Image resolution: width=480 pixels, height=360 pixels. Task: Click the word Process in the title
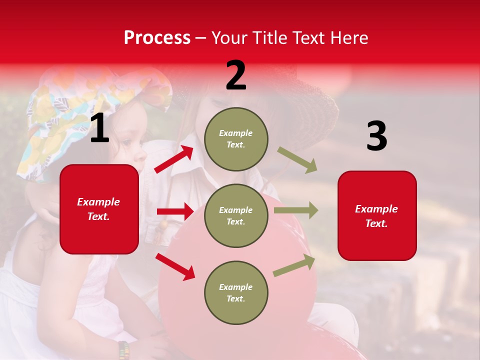pyautogui.click(x=157, y=38)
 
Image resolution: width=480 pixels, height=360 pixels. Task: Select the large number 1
pyautogui.click(x=99, y=128)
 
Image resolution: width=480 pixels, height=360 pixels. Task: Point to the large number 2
pyautogui.click(x=236, y=76)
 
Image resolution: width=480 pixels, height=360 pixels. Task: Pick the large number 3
pyautogui.click(x=376, y=136)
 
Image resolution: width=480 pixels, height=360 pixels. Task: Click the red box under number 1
pyautogui.click(x=99, y=209)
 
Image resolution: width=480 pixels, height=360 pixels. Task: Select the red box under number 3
pyautogui.click(x=377, y=216)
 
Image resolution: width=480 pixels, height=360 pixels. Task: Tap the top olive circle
pyautogui.click(x=236, y=139)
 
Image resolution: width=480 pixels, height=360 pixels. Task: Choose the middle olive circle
pyautogui.click(x=236, y=216)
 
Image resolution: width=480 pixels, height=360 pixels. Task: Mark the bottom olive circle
pyautogui.click(x=236, y=293)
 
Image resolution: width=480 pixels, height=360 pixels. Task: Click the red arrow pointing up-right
pyautogui.click(x=174, y=159)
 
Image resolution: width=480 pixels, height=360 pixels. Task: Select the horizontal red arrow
pyautogui.click(x=175, y=211)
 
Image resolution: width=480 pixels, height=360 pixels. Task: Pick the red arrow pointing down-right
pyautogui.click(x=175, y=266)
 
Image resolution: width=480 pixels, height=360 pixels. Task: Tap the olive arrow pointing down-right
pyautogui.click(x=297, y=160)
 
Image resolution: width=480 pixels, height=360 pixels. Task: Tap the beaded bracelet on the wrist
pyautogui.click(x=123, y=350)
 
